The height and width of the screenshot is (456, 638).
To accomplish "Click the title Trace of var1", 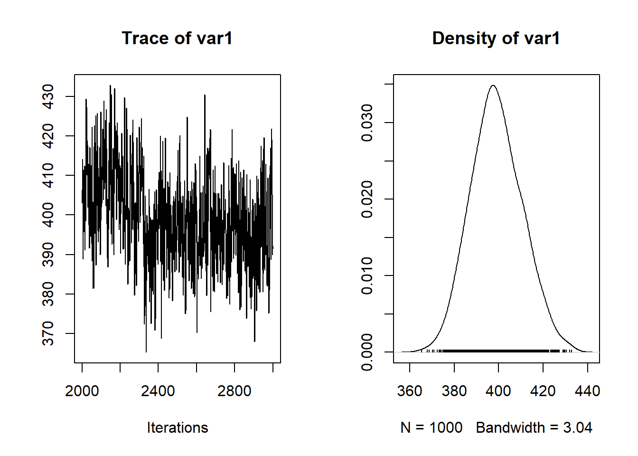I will click(x=177, y=38).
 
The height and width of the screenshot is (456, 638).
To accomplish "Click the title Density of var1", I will click(x=496, y=38).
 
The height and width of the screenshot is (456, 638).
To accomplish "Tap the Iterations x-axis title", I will click(x=177, y=427).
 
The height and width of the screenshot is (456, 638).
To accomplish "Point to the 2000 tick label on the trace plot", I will click(x=82, y=391).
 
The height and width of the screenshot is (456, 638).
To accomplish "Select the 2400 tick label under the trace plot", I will click(x=158, y=391).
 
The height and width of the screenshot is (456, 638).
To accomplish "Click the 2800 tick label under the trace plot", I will click(x=234, y=391).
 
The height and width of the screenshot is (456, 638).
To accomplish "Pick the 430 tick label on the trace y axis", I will click(x=48, y=96).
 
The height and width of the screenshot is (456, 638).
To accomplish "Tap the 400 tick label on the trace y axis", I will click(x=48, y=215).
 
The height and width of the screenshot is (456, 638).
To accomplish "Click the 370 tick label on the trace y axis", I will click(x=48, y=333).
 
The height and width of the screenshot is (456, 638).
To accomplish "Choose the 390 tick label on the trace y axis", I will click(x=48, y=255).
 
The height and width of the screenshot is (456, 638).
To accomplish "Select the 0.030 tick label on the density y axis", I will click(x=367, y=123).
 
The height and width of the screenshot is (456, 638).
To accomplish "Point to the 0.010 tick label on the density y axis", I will click(x=367, y=275).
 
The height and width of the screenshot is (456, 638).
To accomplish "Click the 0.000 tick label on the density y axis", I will click(x=367, y=352).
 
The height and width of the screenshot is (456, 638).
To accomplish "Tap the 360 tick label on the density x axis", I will click(x=409, y=391).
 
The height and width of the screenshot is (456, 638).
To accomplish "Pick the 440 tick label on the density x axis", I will click(x=587, y=391).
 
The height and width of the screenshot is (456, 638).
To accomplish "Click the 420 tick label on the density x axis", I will click(x=543, y=391).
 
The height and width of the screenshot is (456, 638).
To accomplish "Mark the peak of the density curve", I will click(x=493, y=85).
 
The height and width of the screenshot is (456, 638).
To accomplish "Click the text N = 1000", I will click(x=431, y=427).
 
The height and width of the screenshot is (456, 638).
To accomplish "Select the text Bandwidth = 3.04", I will click(x=534, y=427).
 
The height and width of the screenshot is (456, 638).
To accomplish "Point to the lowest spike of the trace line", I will click(x=146, y=351).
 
